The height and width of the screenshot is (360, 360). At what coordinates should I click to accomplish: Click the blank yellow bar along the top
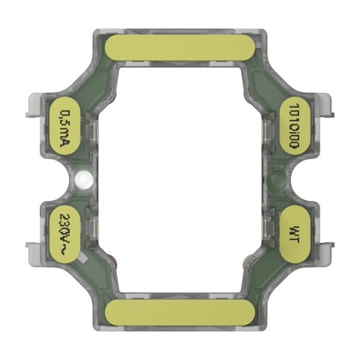coord(180,48)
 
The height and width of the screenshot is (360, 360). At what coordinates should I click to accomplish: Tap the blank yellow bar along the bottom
coord(180,311)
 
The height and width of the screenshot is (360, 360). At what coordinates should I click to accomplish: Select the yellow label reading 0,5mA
coord(66,125)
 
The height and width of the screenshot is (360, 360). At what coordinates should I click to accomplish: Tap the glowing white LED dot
coord(84,178)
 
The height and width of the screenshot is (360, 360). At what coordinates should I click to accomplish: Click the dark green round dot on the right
coord(276,178)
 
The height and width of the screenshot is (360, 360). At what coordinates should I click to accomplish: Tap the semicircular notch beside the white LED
coord(64,179)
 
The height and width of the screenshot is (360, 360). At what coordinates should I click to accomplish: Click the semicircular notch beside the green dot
coord(296,179)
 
